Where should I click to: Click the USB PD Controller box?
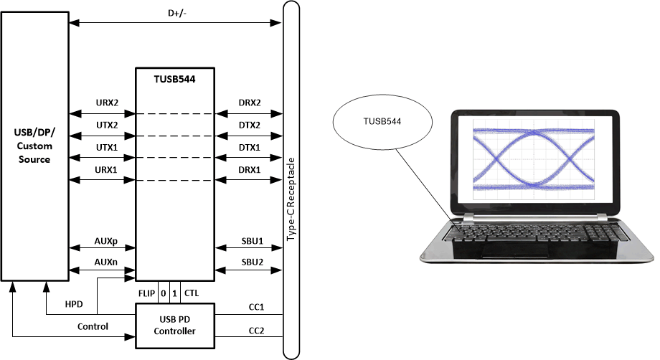[175, 326]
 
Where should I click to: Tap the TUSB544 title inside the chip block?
[175, 80]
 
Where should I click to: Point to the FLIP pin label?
[146, 293]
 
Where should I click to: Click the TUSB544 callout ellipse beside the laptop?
[383, 123]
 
